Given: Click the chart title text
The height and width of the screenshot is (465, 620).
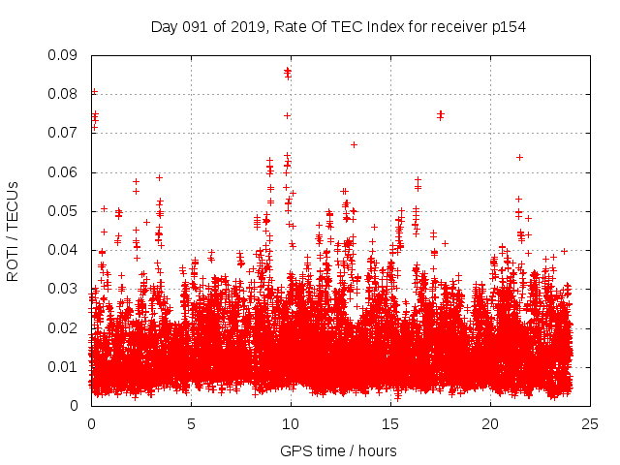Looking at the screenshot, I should click(338, 26).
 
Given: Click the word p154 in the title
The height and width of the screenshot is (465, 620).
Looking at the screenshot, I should click(507, 26).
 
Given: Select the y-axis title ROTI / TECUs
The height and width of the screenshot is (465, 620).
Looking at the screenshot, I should click(14, 231).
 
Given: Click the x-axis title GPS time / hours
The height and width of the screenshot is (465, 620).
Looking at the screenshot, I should click(338, 450).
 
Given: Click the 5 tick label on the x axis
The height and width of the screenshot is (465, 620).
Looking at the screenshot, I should click(191, 423).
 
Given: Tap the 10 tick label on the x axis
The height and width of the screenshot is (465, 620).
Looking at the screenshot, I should click(291, 423).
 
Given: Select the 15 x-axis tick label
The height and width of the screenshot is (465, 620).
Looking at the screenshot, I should click(390, 423).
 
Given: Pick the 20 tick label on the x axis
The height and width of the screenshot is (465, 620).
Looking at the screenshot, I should click(490, 423).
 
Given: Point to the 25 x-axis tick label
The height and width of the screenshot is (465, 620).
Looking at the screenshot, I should click(590, 423).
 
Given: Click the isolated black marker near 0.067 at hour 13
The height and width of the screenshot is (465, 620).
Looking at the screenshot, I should click(354, 144).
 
